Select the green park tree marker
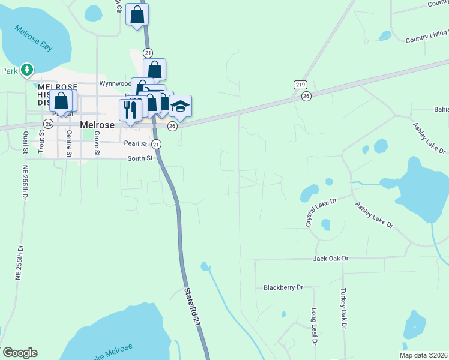coord(26,70)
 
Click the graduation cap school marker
coord(179,107)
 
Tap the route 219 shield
coord(301,85)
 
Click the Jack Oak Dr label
coord(330,258)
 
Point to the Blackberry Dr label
coord(283,287)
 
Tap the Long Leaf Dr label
coord(313,327)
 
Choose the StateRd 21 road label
coord(190,306)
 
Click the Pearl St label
coord(136,144)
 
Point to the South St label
coord(140,158)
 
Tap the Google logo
coord(20,353)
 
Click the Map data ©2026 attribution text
coord(423,355)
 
